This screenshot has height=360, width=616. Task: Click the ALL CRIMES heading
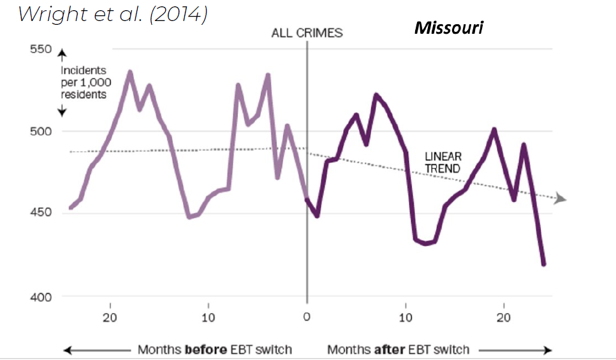[x=307, y=33]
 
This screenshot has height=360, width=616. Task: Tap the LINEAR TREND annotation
[x=443, y=162]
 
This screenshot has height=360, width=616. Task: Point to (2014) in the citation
[x=176, y=15]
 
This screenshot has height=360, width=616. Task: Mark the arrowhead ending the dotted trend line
[x=561, y=199]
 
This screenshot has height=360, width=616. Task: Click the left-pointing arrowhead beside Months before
[x=66, y=350]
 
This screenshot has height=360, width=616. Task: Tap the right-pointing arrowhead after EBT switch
[x=547, y=350]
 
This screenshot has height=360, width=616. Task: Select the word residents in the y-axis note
[x=84, y=94]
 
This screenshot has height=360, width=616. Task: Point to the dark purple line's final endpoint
[x=544, y=264]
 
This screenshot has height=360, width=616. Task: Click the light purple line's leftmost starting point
[x=70, y=208]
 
